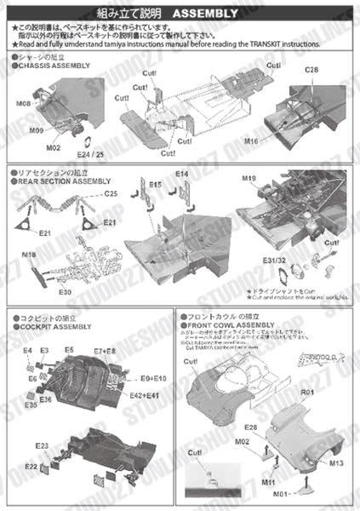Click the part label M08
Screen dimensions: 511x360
tap(23, 104)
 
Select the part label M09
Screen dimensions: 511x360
tap(35, 131)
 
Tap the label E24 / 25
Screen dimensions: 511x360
tap(89, 156)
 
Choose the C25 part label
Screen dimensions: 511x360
tap(110, 194)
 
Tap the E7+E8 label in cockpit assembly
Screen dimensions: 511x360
tap(105, 351)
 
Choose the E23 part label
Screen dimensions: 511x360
tap(42, 446)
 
